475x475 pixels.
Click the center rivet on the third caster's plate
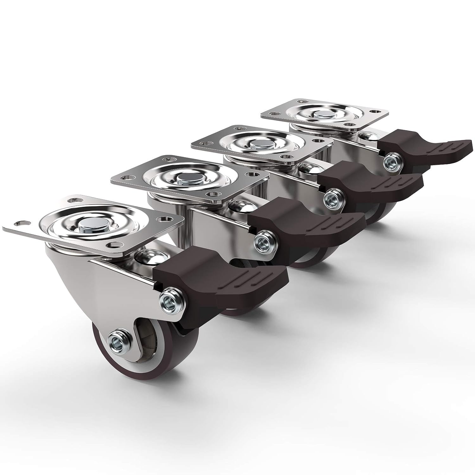pyautogui.click(x=255, y=144)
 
